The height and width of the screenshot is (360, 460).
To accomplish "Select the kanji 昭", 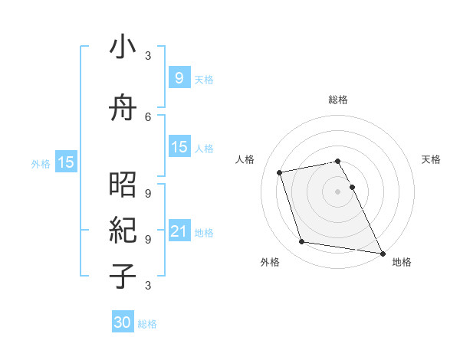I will click(x=123, y=185).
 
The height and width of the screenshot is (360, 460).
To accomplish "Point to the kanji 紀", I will click(x=123, y=230).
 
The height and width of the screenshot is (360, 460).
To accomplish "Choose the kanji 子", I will click(x=123, y=277).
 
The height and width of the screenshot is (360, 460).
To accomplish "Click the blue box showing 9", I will click(x=179, y=78).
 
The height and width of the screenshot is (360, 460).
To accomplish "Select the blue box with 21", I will click(x=179, y=231).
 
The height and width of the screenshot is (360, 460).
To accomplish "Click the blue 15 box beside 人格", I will click(x=179, y=147).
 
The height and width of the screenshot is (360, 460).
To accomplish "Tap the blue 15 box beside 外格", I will click(x=66, y=162).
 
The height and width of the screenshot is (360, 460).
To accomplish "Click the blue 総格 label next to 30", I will click(x=147, y=324).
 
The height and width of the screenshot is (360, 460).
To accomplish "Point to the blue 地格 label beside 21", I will click(x=204, y=232).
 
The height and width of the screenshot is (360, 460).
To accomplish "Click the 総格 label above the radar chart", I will click(x=338, y=100).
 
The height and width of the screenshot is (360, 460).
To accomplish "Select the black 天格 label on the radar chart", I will click(x=432, y=159).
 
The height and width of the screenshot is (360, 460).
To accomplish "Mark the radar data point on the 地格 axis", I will click(x=381, y=252).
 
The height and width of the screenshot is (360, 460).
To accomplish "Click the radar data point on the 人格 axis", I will click(x=280, y=172).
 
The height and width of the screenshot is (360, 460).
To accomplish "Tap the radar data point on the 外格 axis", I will click(x=302, y=242).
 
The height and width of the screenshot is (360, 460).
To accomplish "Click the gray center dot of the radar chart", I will click(x=338, y=191).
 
